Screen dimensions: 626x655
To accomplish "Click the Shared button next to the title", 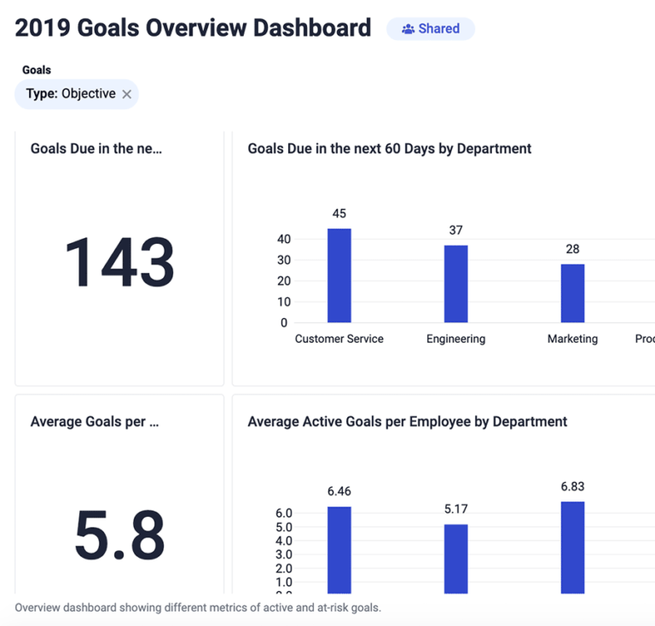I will click(431, 29).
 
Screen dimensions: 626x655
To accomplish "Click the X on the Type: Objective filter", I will click(127, 95).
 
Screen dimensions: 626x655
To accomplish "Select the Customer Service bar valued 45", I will click(339, 275).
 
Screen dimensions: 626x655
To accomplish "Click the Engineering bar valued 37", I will click(455, 283).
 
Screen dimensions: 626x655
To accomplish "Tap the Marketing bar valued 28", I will click(572, 293).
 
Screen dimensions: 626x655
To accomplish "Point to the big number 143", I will click(119, 262).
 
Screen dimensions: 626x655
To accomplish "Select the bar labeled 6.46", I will click(339, 549).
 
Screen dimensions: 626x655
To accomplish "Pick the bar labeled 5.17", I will click(455, 558).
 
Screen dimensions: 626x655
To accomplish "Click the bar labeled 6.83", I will click(572, 547).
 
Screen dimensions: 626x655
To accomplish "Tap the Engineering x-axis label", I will click(455, 339).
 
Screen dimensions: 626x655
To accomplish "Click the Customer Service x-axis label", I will click(339, 339).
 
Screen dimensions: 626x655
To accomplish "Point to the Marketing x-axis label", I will click(572, 339).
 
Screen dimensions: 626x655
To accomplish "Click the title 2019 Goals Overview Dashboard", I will click(193, 28).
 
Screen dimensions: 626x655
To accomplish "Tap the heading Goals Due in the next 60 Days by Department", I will click(389, 148).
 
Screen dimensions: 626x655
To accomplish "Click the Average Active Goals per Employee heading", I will click(407, 421).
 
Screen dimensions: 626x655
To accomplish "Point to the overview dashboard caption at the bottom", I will click(198, 608).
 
